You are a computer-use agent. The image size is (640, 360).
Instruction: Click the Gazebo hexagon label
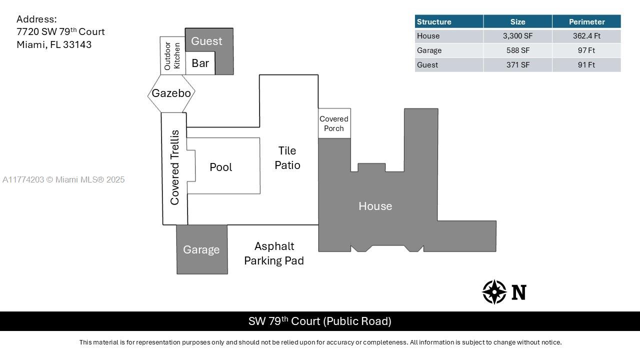pyautogui.click(x=171, y=93)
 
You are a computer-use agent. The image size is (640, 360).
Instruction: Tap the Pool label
pyautogui.click(x=221, y=167)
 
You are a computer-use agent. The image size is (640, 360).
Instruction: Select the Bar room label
pyautogui.click(x=200, y=63)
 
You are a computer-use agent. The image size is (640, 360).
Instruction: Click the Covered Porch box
pyautogui.click(x=334, y=123)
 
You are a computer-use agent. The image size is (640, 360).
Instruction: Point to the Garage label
pyautogui.click(x=201, y=249)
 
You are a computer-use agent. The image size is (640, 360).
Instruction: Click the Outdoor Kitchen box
pyautogui.click(x=172, y=55)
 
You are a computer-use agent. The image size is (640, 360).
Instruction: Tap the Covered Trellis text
pyautogui.click(x=174, y=167)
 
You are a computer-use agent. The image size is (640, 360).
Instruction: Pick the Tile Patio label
pyautogui.click(x=287, y=158)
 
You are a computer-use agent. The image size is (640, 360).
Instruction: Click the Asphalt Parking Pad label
pyautogui.click(x=274, y=253)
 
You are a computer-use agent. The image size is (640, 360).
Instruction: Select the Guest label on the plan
pyautogui.click(x=206, y=41)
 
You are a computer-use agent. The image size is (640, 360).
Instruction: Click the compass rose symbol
pyautogui.click(x=494, y=292)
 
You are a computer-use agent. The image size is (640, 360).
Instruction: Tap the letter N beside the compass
pyautogui.click(x=519, y=292)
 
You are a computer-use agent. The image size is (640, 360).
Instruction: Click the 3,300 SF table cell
pyautogui.click(x=517, y=36)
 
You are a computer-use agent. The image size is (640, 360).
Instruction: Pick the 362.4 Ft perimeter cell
pyautogui.click(x=586, y=36)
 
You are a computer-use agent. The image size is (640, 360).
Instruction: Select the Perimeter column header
pyautogui.click(x=586, y=21)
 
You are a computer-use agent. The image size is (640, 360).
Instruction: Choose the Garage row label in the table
pyautogui.click(x=429, y=50)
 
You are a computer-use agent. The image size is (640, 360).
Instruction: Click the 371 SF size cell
pyautogui.click(x=517, y=65)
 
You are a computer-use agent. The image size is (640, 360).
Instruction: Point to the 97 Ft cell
pyautogui.click(x=586, y=50)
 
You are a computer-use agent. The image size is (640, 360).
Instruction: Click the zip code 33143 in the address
pyautogui.click(x=77, y=45)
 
